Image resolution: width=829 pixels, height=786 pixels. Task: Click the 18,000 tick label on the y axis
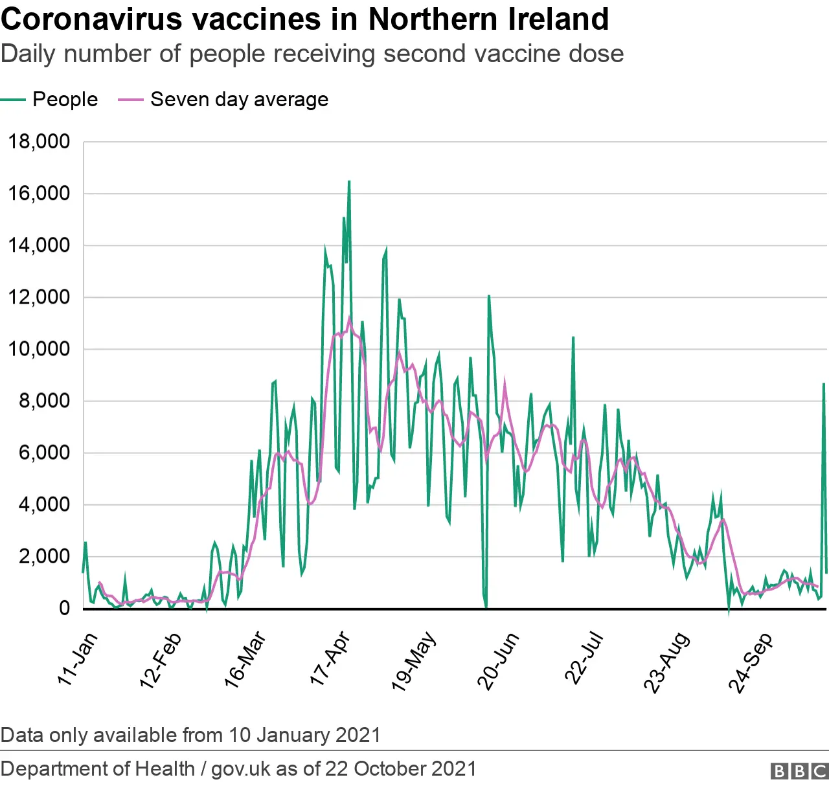coord(39,141)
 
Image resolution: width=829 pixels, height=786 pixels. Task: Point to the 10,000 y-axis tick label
coord(39,349)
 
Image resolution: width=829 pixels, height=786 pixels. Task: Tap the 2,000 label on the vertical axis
coord(44,556)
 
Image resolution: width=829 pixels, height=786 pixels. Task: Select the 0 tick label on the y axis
coord(64,608)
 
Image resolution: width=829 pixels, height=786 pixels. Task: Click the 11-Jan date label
coord(78,658)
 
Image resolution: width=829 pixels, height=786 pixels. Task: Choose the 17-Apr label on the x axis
coord(330,658)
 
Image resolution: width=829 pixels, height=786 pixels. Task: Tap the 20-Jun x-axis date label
coord(498,661)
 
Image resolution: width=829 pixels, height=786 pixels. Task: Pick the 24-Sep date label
coord(751,662)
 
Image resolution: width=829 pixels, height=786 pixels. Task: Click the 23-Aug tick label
coord(666,662)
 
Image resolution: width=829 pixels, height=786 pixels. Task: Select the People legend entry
coord(65,99)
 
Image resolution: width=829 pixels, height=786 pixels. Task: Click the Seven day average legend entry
coord(239,99)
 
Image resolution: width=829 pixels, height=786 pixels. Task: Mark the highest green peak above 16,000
coord(349,182)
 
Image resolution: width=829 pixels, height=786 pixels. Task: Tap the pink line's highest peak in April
coord(350,318)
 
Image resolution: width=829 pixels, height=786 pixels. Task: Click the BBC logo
coord(799,770)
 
